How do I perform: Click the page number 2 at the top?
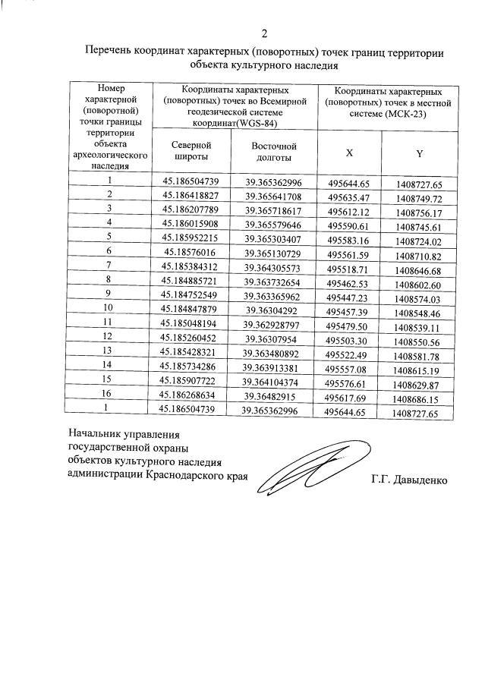pos(264,33)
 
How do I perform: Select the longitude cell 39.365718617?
pos(273,209)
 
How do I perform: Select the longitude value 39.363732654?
pos(272,281)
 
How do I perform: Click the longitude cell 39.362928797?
pos(272,324)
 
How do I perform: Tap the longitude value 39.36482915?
pos(272,395)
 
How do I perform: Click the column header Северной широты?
pos(191,151)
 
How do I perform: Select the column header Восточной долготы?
pos(273,151)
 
